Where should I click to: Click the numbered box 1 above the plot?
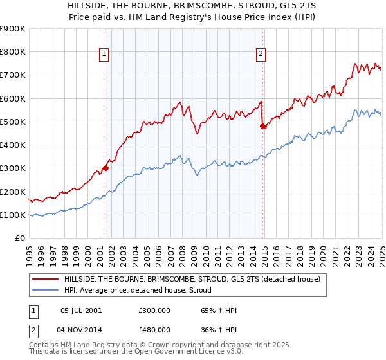click(x=105, y=54)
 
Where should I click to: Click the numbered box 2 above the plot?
click(x=261, y=54)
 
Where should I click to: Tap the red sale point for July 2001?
click(x=106, y=168)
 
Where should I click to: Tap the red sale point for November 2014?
click(x=262, y=127)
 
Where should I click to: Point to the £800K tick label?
click(x=13, y=52)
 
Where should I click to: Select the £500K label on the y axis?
click(x=13, y=122)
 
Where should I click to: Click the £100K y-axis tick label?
click(x=13, y=215)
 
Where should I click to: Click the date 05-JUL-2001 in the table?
click(x=80, y=310)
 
